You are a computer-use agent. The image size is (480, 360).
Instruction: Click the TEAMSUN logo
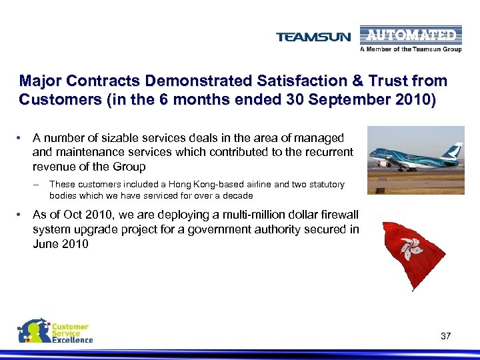tap(313, 37)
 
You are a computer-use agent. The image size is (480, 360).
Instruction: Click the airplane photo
tap(415, 160)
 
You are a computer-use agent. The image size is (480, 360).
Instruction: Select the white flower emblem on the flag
tap(412, 248)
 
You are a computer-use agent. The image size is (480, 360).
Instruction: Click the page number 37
tap(446, 336)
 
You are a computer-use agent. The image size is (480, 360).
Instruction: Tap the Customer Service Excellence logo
tap(55, 331)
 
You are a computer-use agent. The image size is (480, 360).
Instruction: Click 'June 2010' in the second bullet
tap(60, 244)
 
